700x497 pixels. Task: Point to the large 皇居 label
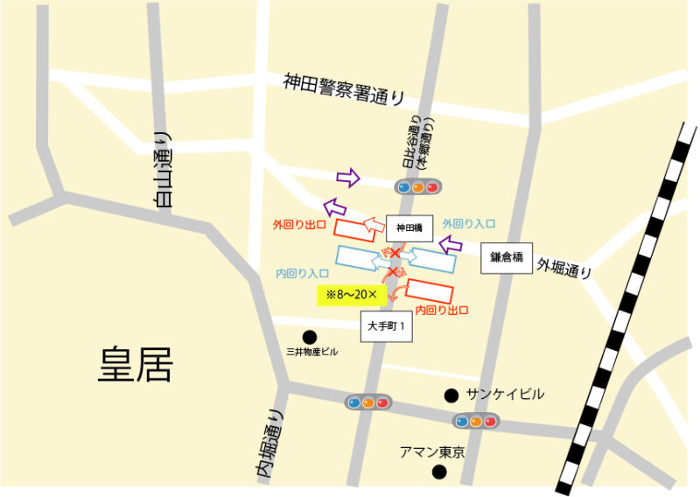pos(136,365)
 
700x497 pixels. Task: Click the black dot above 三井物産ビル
pos(310,336)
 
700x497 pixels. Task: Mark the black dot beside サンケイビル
pos(451,395)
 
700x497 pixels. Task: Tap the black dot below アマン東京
pos(440,472)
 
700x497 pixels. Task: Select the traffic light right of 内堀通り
pos(367,402)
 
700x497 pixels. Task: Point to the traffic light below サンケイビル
pos(475,422)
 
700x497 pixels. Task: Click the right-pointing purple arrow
pos(348,178)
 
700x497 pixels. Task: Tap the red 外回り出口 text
pos(299,225)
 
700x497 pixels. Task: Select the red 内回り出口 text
pos(442,310)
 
